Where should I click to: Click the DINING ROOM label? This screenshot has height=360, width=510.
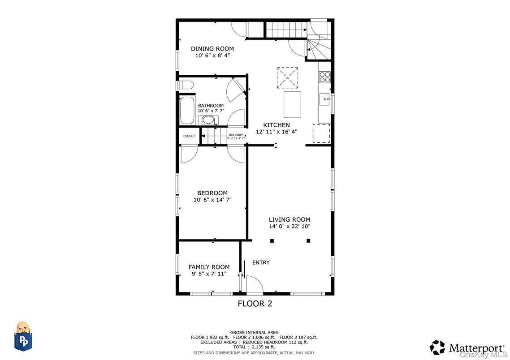point(212,49)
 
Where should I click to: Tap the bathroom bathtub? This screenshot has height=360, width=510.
point(186,110)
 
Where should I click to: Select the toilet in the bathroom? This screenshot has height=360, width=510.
point(185,85)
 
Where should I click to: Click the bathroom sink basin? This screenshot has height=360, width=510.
point(207,120)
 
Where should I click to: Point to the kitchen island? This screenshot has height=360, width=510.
point(292,104)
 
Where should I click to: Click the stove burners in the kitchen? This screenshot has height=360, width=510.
point(324,77)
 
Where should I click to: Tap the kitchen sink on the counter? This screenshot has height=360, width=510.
point(324,97)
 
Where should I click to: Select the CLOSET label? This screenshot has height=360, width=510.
point(189,136)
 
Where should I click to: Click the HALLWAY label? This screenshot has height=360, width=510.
point(236,135)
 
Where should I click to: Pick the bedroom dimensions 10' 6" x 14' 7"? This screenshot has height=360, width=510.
point(212,200)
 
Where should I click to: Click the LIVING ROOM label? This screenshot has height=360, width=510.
point(289,219)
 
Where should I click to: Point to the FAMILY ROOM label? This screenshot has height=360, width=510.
point(209,267)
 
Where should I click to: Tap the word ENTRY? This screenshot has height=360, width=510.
point(261,262)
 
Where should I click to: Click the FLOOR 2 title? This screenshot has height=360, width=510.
point(255,304)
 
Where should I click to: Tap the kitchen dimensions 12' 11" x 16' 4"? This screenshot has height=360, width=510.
point(277,132)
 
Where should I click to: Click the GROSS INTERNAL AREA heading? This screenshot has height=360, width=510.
point(254,332)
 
